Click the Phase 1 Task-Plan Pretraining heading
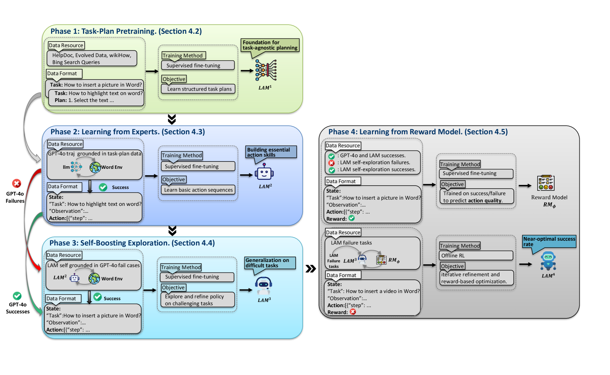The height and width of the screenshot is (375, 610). [126, 32]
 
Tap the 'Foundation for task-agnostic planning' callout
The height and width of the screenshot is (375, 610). [270, 45]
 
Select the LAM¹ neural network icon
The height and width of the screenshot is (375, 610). [266, 70]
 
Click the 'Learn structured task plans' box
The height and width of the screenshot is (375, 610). [199, 89]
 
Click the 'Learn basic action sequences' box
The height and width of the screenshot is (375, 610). [198, 190]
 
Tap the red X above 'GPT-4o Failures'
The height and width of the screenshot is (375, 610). [17, 183]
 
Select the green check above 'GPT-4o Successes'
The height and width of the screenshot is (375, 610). [17, 296]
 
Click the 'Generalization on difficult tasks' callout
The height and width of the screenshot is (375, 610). [270, 263]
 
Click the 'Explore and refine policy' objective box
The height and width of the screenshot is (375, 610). [198, 300]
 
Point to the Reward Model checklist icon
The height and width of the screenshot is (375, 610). [546, 183]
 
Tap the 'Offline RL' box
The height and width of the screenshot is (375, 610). [476, 256]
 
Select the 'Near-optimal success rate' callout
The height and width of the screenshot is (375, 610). [549, 241]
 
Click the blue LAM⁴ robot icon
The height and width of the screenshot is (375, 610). [548, 261]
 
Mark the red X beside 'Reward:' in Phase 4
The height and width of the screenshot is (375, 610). [353, 312]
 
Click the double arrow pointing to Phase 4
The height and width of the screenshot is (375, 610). [311, 269]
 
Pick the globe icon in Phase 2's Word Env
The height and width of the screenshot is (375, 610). [95, 167]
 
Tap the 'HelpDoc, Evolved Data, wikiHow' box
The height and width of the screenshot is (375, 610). [92, 59]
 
